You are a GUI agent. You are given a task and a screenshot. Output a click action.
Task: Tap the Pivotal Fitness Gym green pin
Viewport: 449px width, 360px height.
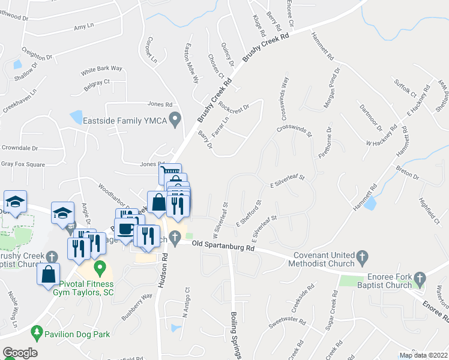(x=100, y=266)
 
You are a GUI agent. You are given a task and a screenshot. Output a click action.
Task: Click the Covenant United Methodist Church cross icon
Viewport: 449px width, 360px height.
(x=361, y=257)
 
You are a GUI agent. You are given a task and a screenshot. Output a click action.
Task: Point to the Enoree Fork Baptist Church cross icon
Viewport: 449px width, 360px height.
(x=420, y=278)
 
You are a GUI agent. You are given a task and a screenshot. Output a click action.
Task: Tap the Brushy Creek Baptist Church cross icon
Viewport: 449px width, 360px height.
(x=52, y=256)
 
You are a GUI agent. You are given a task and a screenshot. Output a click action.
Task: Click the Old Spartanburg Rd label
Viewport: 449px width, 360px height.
(x=223, y=244)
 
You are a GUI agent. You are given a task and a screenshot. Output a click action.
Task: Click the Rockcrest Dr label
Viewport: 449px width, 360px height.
(x=234, y=106)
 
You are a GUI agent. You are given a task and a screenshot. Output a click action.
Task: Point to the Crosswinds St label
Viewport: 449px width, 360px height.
(x=295, y=130)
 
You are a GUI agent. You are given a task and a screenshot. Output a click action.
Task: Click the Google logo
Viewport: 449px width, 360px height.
(x=20, y=353)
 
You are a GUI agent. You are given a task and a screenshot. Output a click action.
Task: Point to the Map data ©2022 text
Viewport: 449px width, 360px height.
(x=423, y=355)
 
